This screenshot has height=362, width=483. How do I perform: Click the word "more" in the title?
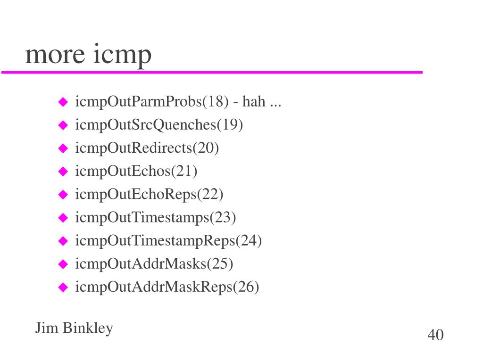[55, 55]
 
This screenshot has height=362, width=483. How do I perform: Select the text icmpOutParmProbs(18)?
[152, 102]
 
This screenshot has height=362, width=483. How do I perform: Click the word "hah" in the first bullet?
[254, 101]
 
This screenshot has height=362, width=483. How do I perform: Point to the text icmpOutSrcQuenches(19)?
[159, 125]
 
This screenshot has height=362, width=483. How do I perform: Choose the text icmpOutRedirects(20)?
[147, 148]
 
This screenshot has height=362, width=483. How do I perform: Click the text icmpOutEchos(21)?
[136, 171]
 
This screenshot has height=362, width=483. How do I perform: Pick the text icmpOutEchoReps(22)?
[149, 195]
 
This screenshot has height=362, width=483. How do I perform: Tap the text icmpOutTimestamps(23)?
[156, 218]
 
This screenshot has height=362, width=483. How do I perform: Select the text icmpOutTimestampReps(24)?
[168, 241]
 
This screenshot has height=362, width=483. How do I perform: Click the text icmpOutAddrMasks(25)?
[154, 264]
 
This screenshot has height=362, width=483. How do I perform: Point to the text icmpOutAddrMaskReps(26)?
[167, 287]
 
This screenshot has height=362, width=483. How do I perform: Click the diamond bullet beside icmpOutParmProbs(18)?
[63, 102]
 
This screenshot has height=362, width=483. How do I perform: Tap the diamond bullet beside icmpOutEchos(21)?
[63, 172]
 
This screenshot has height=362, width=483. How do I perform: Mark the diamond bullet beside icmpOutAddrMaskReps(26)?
[63, 287]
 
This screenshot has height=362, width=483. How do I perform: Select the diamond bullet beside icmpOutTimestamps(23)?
[63, 218]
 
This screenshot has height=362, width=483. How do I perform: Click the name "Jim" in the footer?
[47, 328]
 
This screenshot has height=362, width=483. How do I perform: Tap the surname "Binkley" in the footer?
[88, 329]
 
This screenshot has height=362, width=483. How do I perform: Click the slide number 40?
[435, 335]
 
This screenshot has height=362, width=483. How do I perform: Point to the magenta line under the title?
[212, 72]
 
